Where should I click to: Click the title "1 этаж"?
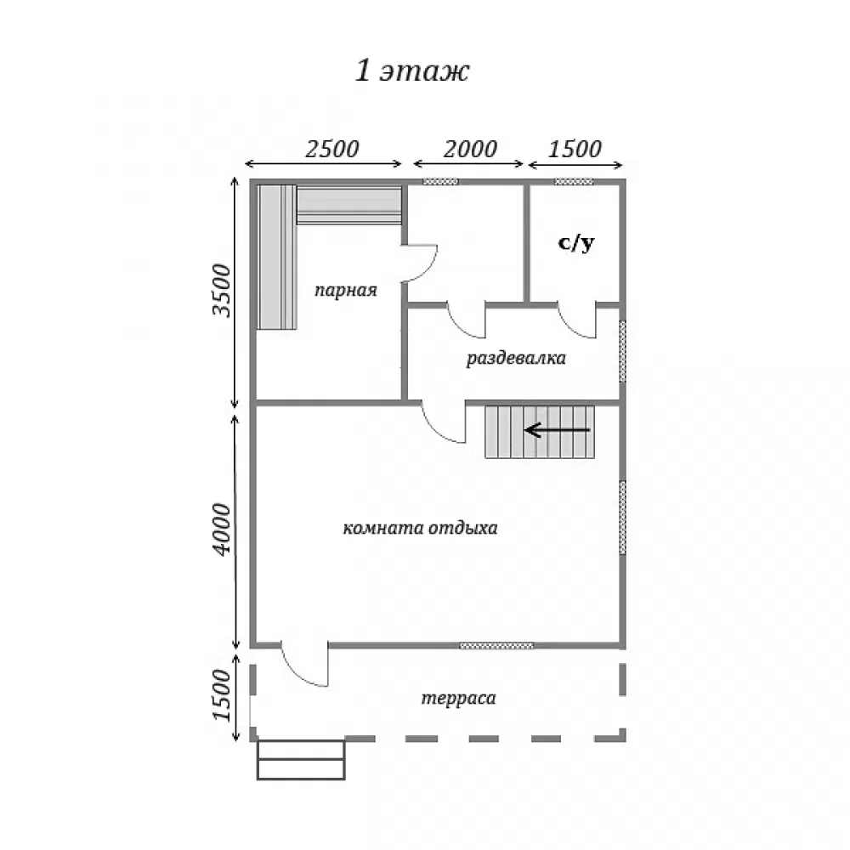pos(412,71)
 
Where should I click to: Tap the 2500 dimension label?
pos(331,149)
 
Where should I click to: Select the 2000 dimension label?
pos(470,149)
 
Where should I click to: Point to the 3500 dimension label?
pos(222,290)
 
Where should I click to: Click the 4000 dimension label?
pos(222,529)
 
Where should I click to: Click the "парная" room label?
pos(346,291)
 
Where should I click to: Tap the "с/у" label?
pos(576,242)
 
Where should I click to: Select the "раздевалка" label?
pos(516,359)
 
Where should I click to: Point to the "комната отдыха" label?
pos(420,528)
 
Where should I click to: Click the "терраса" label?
pos(459,698)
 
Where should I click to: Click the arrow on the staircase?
pos(558,430)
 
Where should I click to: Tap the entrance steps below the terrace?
pos(301,760)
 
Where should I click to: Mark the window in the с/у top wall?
pos(574,182)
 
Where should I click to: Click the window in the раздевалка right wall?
pos(623,351)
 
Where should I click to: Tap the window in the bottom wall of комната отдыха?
pos(496,646)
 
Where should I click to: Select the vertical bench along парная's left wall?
pos(276,258)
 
